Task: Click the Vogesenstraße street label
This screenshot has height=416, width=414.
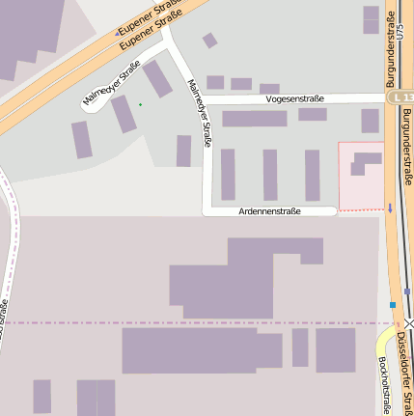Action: (x=293, y=98)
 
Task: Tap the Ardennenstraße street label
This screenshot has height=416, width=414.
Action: (x=269, y=210)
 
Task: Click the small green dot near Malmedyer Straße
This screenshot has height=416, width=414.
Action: (x=140, y=104)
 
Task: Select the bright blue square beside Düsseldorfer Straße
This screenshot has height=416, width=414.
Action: (x=393, y=305)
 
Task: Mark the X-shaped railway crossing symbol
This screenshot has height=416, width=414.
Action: (x=409, y=323)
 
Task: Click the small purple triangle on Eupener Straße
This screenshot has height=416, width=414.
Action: (x=118, y=33)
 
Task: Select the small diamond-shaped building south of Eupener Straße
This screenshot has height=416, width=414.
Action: (x=209, y=41)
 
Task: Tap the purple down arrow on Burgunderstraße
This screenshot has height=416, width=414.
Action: (x=390, y=208)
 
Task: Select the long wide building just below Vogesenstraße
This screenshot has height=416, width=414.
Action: (x=255, y=119)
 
